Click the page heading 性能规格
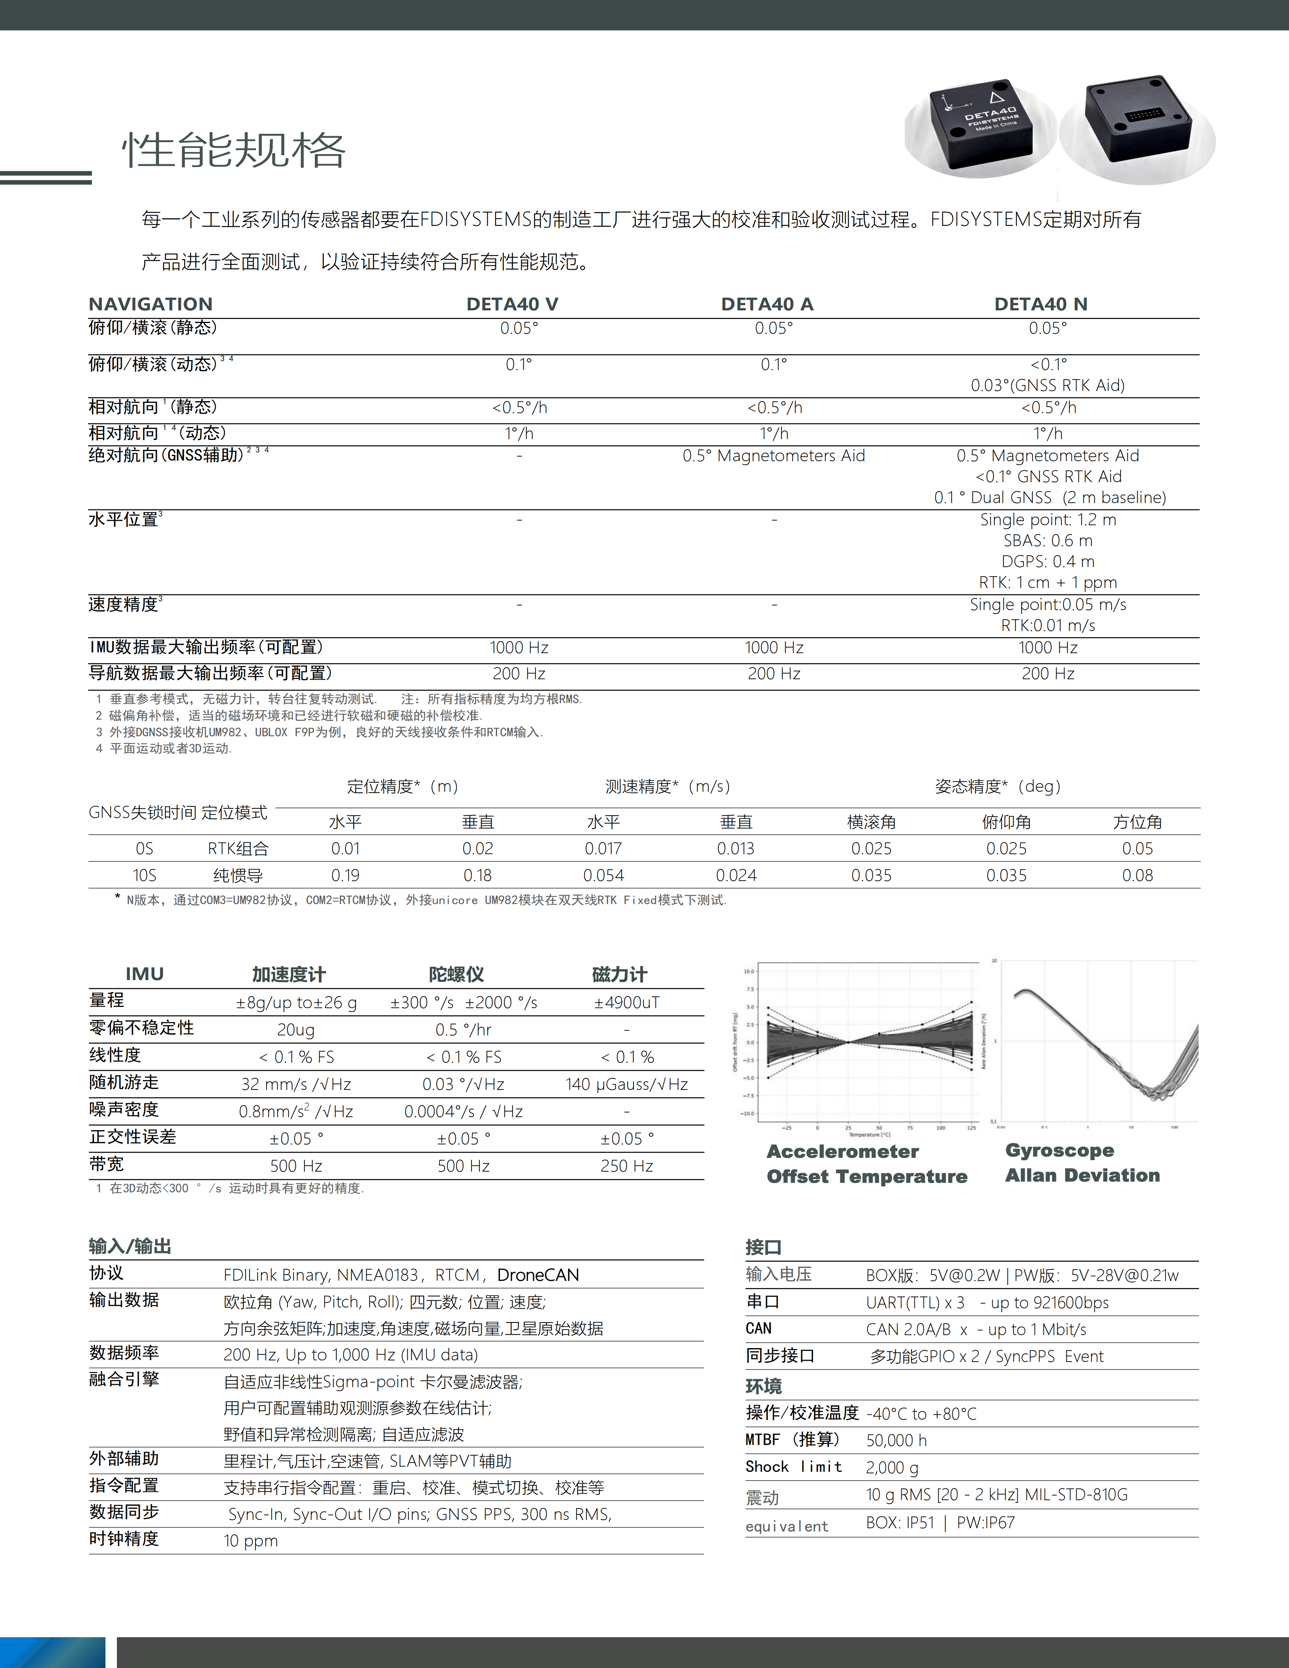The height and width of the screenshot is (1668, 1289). pos(234,150)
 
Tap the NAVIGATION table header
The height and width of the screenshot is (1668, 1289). pos(150,304)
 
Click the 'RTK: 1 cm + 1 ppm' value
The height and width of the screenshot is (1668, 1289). pos(1048,582)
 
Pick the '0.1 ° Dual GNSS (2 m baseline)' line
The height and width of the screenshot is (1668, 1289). pos(1049,497)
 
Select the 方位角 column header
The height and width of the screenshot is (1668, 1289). pos(1137,822)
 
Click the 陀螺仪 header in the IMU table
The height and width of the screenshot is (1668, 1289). pos(456,975)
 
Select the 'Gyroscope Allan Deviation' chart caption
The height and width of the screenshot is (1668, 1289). pos(1082,1163)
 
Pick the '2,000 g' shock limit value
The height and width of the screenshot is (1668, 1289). pos(892,1467)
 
